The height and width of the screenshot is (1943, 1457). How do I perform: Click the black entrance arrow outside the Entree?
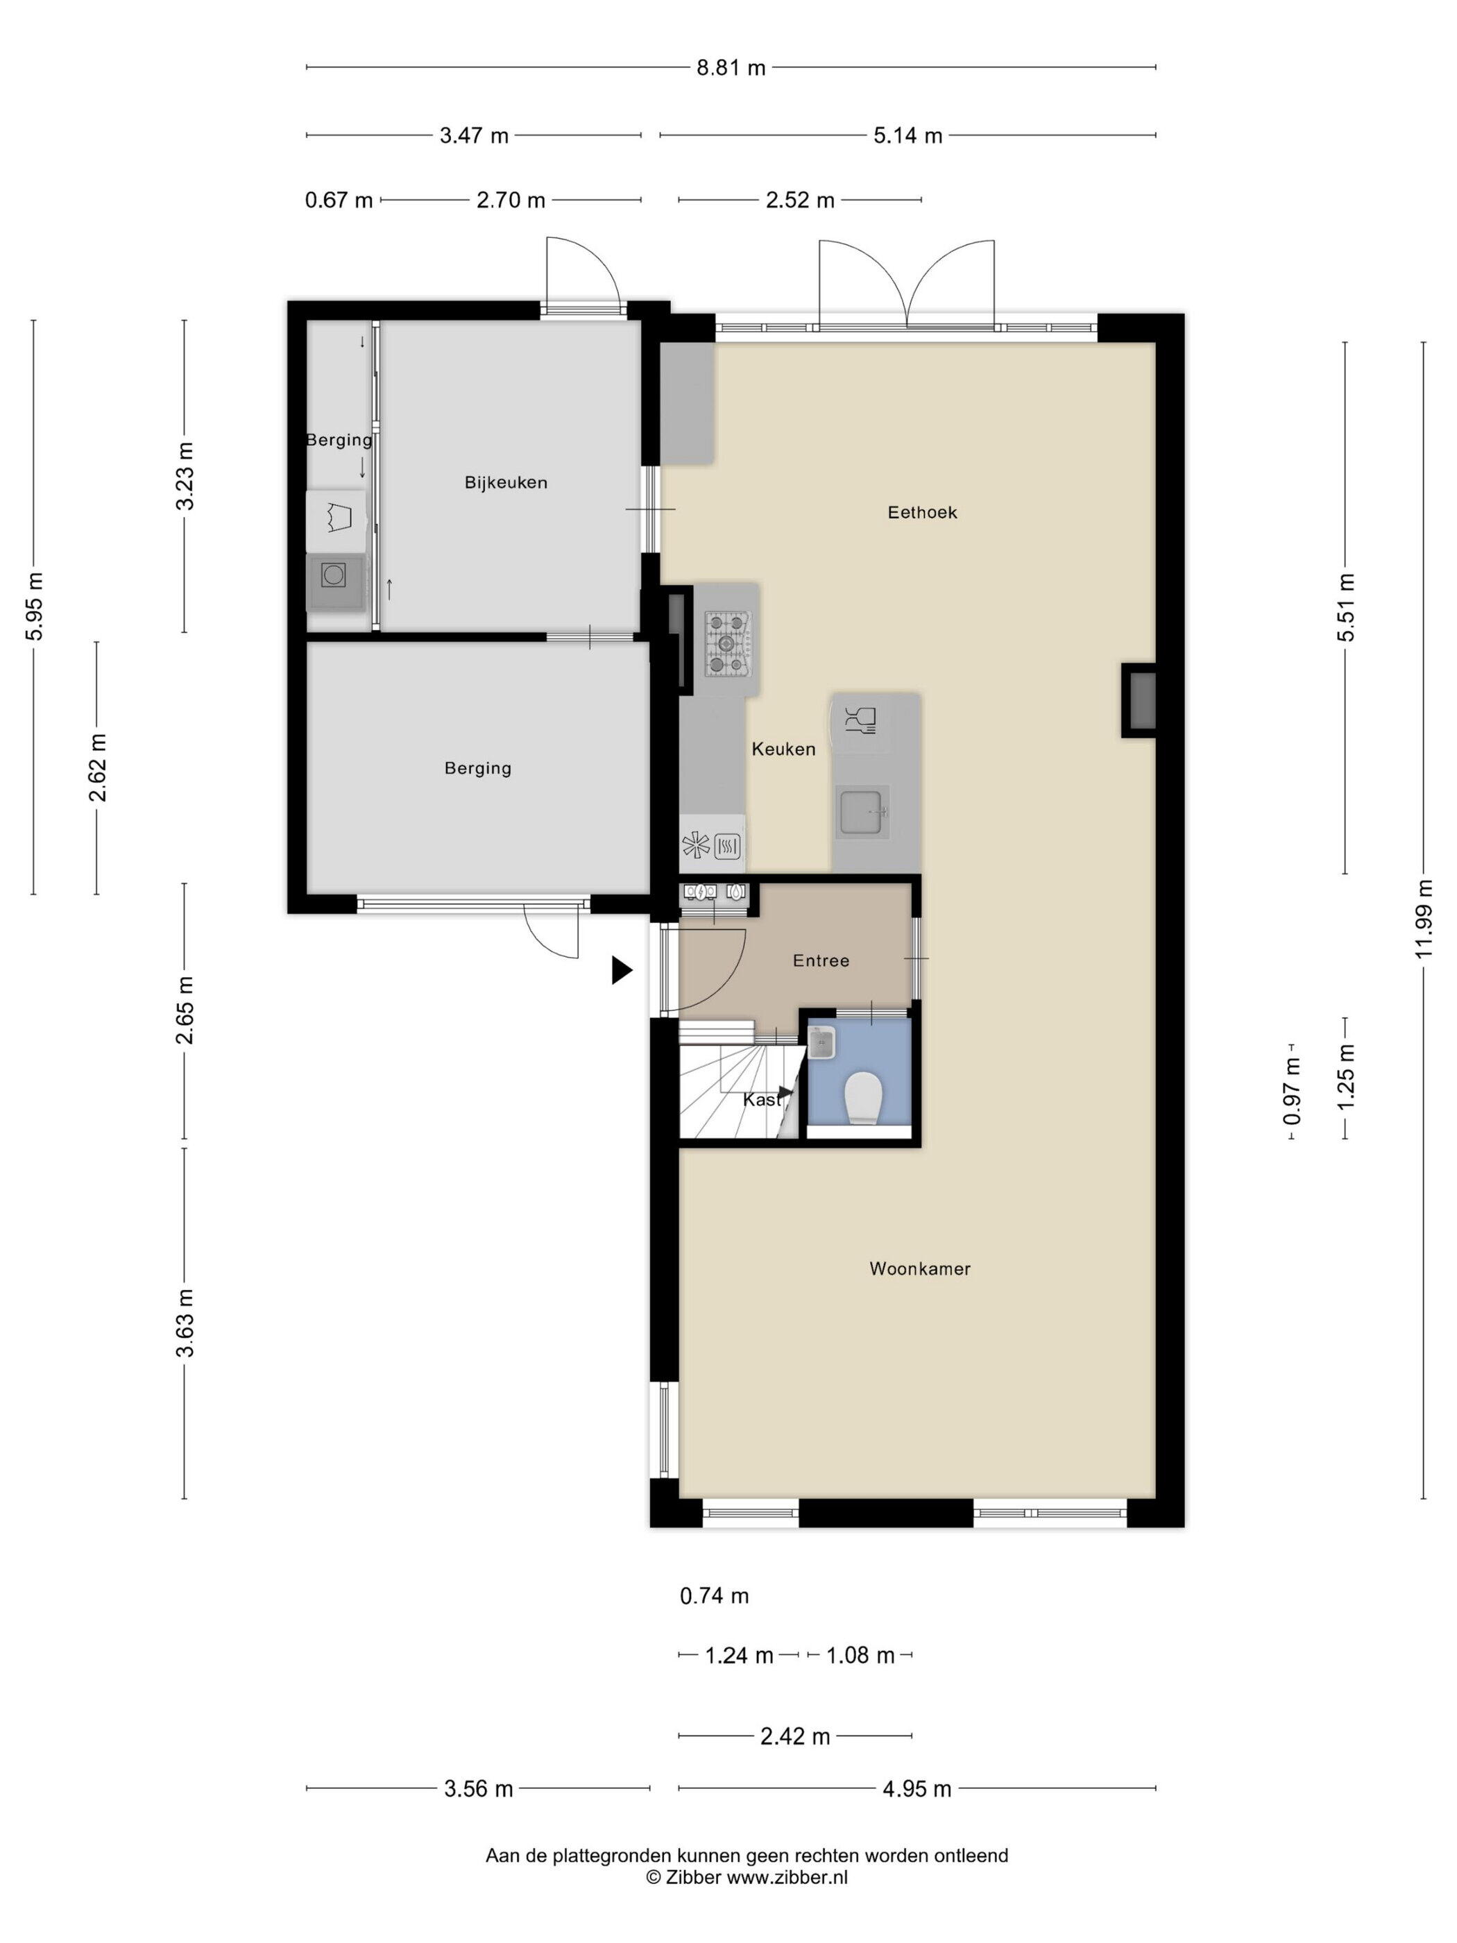[622, 969]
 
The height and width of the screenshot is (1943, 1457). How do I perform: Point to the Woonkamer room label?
[919, 1269]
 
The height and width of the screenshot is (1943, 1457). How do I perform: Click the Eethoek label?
[922, 512]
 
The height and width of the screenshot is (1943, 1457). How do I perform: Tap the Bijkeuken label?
[506, 482]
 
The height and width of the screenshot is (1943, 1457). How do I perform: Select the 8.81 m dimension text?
[731, 67]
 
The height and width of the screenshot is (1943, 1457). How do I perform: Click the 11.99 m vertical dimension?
[1423, 919]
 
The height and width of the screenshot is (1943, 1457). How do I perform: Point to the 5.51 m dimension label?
[1345, 607]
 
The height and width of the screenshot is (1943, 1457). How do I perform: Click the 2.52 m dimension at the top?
[800, 201]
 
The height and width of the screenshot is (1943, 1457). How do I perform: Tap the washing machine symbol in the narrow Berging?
[334, 575]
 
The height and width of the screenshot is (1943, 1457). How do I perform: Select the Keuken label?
[783, 749]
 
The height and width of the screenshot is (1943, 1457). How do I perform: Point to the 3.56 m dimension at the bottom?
[479, 1788]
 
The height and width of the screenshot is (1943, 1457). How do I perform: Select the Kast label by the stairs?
[761, 1100]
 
